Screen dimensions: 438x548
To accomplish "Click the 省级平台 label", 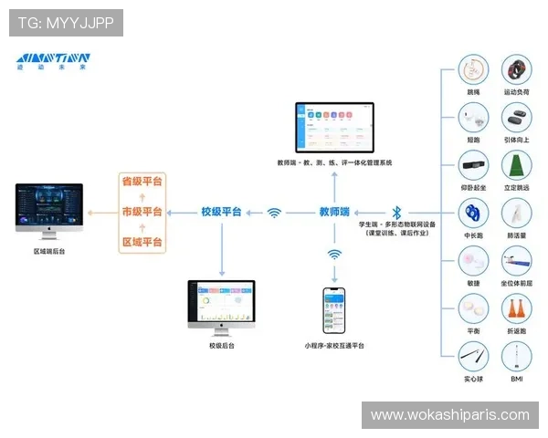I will click(x=142, y=181).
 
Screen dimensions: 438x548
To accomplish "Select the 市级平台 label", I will click(x=142, y=212).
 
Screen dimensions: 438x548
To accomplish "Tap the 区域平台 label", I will click(x=142, y=243).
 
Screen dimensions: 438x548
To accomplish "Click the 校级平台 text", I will click(x=221, y=212).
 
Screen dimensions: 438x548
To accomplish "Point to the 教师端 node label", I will click(x=334, y=212).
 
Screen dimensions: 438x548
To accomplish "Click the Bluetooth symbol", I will click(x=396, y=212).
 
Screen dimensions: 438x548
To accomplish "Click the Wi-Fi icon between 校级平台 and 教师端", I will click(x=274, y=213).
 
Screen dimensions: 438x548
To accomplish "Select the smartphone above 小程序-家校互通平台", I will click(x=334, y=311).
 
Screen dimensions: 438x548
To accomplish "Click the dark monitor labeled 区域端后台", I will click(x=49, y=208).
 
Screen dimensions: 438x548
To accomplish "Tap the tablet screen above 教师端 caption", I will click(x=334, y=128).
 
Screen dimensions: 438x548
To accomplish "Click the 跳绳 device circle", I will click(x=473, y=70).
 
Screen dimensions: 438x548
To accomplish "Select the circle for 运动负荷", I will click(x=517, y=70).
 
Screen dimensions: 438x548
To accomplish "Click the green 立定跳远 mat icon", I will click(x=517, y=166).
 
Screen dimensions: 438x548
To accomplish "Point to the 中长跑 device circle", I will click(x=473, y=214).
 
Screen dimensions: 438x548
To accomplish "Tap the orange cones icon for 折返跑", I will click(x=517, y=309).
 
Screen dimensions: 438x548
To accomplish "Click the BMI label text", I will click(x=517, y=378).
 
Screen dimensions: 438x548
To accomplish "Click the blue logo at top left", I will click(x=53, y=61).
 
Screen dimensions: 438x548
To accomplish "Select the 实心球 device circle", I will click(x=473, y=355).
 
